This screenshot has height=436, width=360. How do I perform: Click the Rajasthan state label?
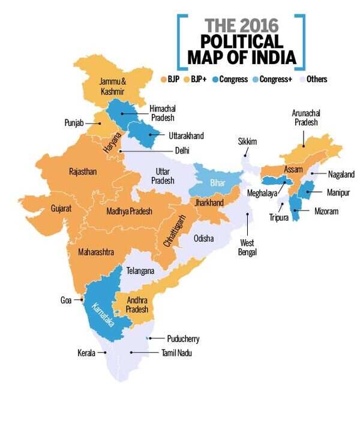[x=83, y=172]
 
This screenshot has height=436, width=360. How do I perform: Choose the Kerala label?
[x=86, y=353]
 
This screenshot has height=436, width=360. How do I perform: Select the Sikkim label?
[x=247, y=142]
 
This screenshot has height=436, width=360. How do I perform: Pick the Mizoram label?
[x=326, y=211]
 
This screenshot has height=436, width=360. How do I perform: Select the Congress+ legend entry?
[x=275, y=79]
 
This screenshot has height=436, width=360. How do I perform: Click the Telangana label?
[x=140, y=271]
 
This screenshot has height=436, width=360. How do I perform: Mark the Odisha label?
[x=203, y=238]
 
